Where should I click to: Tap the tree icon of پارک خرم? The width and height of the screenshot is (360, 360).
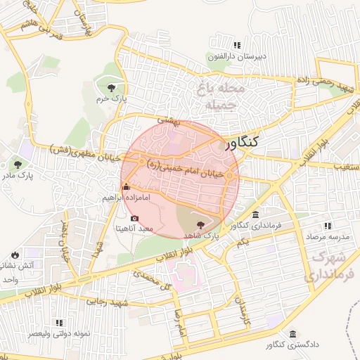(112, 87)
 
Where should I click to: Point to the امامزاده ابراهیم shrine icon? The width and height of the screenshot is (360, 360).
(127, 187)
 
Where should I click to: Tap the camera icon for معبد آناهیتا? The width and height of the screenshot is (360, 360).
(135, 219)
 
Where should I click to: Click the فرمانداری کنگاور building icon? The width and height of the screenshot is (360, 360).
(255, 214)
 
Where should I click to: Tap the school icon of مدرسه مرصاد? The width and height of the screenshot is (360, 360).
(327, 226)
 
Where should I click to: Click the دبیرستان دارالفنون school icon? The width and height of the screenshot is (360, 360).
(212, 55)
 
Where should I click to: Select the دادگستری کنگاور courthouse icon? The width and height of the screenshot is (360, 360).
(292, 335)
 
